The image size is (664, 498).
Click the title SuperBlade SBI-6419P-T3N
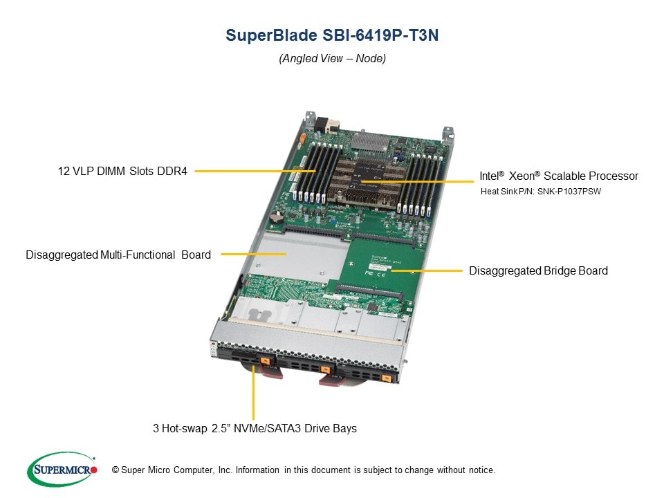pyautogui.click(x=332, y=35)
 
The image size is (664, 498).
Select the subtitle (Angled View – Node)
pyautogui.click(x=332, y=58)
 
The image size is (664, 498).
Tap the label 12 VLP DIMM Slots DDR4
pyautogui.click(x=122, y=171)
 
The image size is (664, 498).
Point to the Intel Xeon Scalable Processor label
pyautogui.click(x=559, y=176)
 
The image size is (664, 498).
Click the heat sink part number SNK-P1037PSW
pyautogui.click(x=569, y=192)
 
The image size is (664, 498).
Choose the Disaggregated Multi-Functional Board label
pyautogui.click(x=118, y=255)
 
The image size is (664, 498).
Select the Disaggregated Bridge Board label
pyautogui.click(x=538, y=270)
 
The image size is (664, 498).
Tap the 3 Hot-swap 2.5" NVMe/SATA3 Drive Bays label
pyautogui.click(x=255, y=429)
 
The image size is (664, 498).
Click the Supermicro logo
pyautogui.click(x=62, y=469)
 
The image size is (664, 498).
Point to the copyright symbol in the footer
pyautogui.click(x=116, y=470)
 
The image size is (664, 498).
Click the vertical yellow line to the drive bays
pyautogui.click(x=253, y=392)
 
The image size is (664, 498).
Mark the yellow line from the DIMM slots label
pyautogui.click(x=255, y=171)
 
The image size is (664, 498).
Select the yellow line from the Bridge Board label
pyautogui.click(x=427, y=270)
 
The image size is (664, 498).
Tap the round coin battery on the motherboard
pyautogui.click(x=277, y=217)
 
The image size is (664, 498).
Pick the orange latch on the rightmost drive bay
pyautogui.click(x=386, y=378)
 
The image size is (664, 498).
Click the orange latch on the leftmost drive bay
pyautogui.click(x=266, y=361)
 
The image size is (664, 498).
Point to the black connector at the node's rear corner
pyautogui.click(x=322, y=124)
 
